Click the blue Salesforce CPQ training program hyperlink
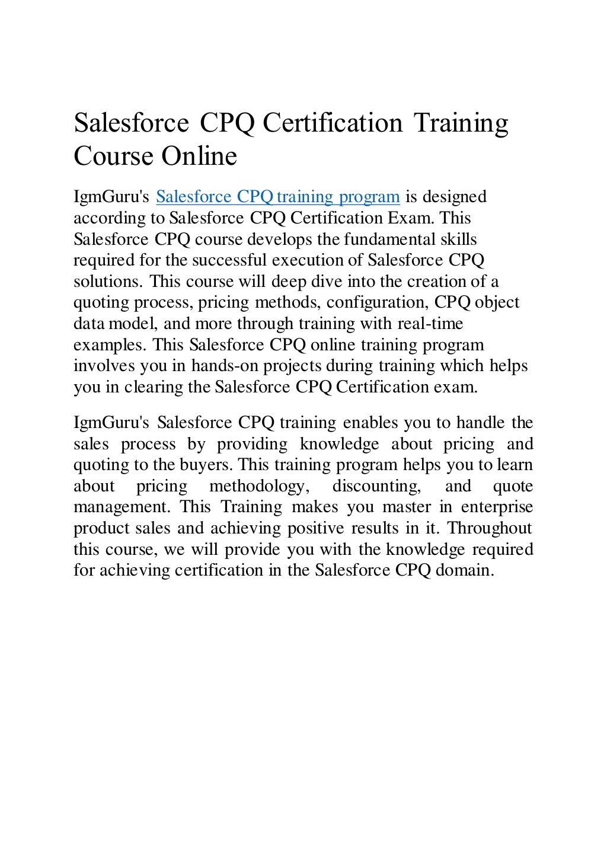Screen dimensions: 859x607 [x=277, y=197]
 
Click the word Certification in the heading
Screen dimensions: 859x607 [x=333, y=123]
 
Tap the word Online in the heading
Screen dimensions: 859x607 [x=199, y=156]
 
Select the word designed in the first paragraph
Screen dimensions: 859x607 [x=454, y=197]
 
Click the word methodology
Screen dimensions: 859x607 [x=259, y=486]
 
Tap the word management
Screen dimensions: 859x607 [x=122, y=507]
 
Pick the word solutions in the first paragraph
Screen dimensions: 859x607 [x=109, y=282]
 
